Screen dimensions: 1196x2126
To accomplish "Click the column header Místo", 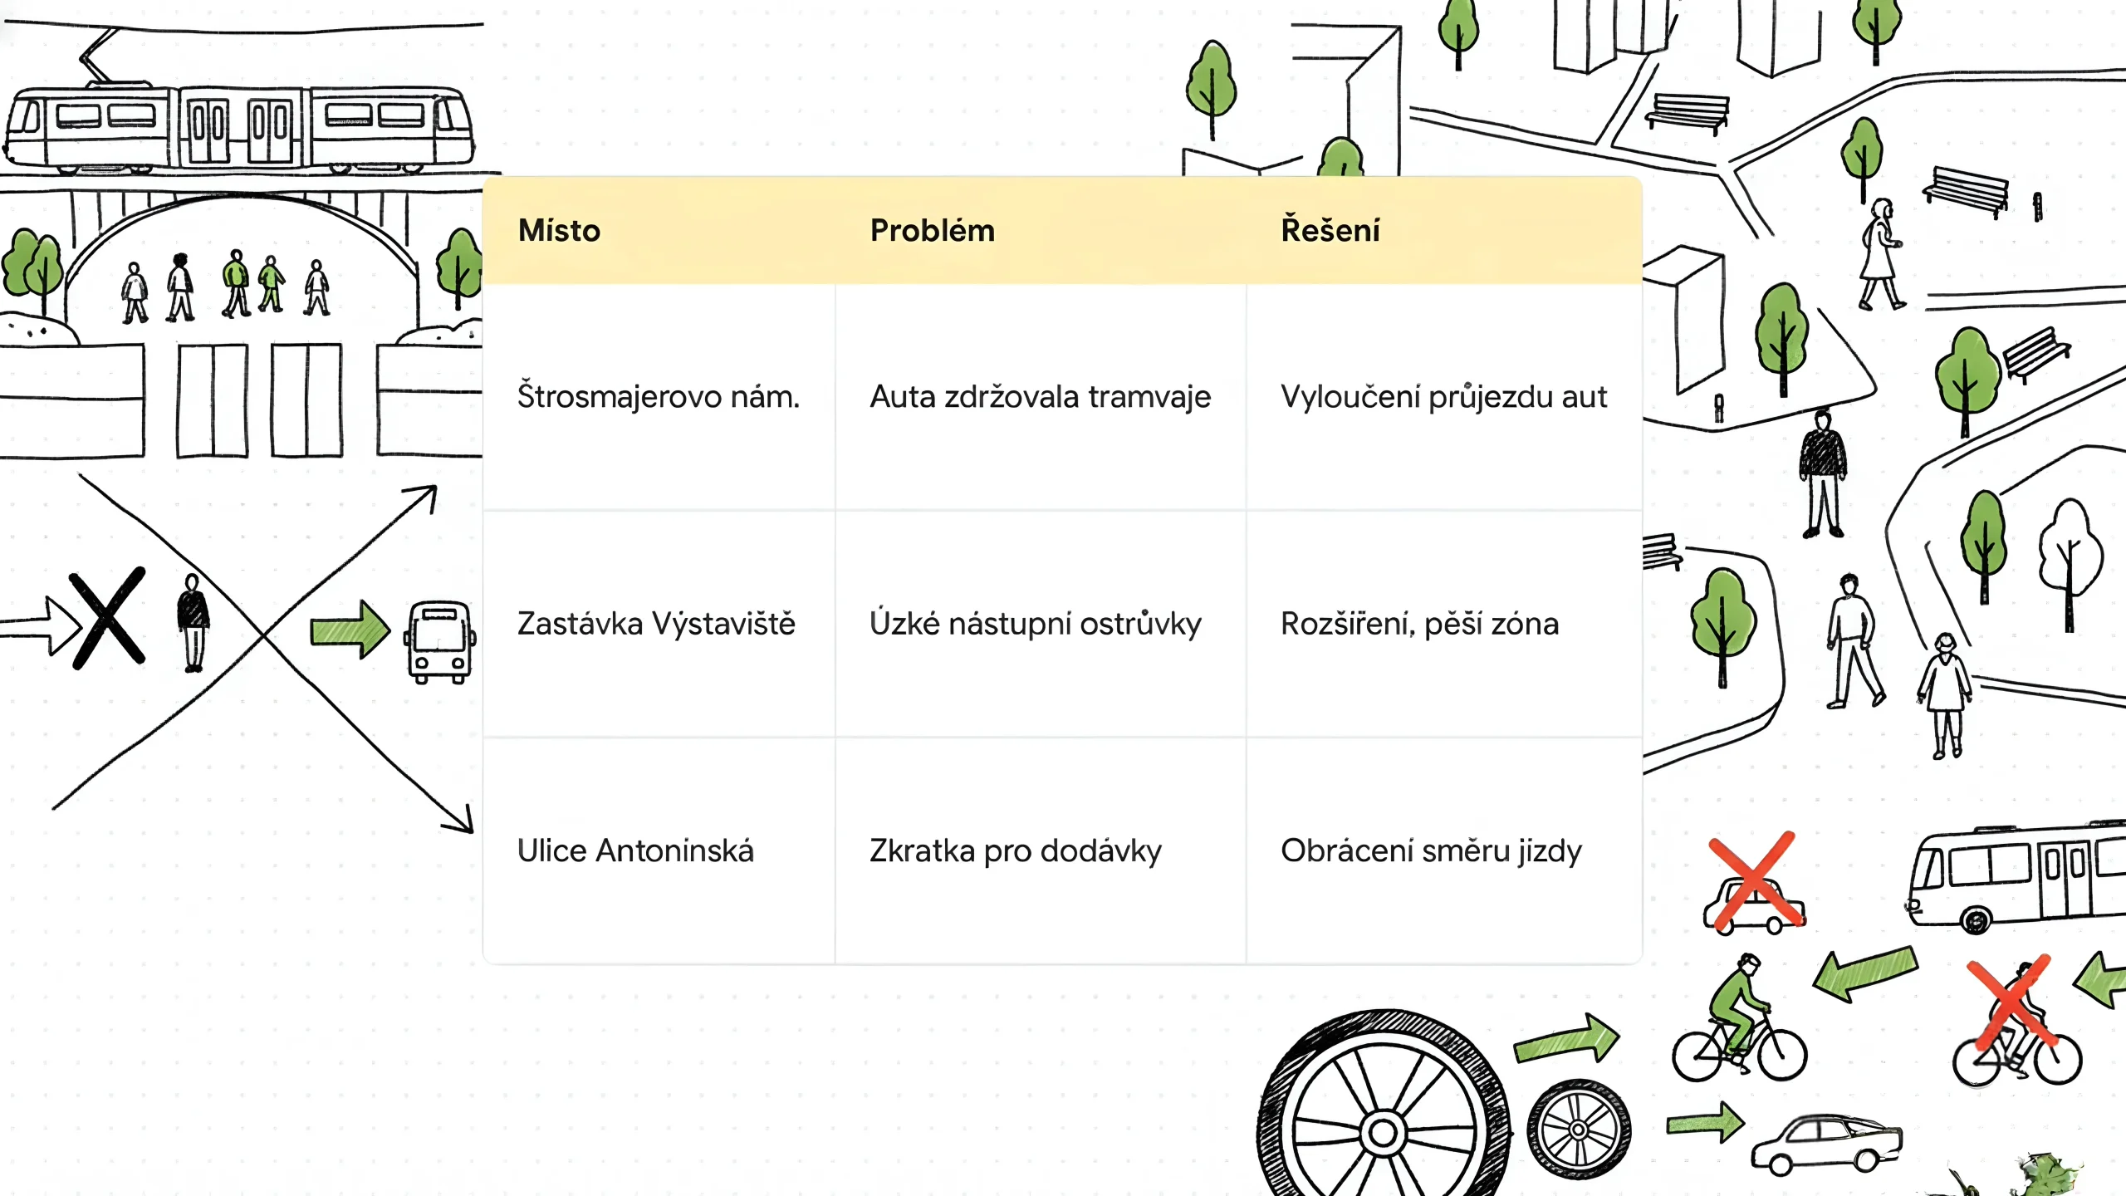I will coord(559,230).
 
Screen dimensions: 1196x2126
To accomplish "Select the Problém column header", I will coord(932,230).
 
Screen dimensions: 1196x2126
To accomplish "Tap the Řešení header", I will coord(1330,230).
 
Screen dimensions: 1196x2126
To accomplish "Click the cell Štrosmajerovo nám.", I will coord(658,397).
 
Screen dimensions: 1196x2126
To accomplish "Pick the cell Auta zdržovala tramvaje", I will coord(1040,397).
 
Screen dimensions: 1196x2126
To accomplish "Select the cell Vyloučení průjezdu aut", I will coord(1443,397).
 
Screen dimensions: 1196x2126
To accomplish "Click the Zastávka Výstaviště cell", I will coord(656,624).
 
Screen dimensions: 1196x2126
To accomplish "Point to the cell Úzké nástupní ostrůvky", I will coord(1035,624).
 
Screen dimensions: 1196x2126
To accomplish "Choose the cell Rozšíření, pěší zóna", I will coord(1419,624).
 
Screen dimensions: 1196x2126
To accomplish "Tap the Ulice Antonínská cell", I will coord(635,850).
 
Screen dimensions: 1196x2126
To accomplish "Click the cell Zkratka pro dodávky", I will coord(1015,850).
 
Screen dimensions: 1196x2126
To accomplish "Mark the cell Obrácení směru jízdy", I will coord(1431,850).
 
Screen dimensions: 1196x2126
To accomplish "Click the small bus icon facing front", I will coord(439,641).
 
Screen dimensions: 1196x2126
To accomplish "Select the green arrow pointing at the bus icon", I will coord(350,629).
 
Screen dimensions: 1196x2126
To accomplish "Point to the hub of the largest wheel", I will coord(1383,1131).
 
